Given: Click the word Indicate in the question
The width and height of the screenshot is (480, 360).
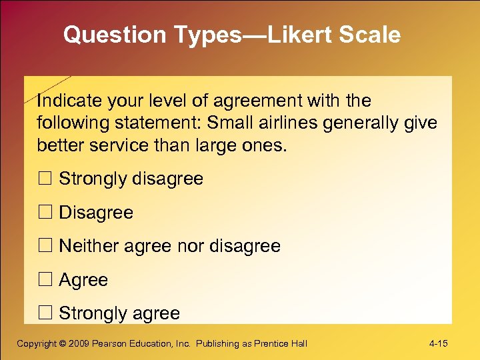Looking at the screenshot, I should coord(65,101).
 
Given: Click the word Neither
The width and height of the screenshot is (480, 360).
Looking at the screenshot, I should coord(87,246).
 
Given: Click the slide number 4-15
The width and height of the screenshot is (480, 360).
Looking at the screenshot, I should coord(438,344).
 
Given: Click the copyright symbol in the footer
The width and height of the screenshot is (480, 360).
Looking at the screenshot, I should coord(63,344).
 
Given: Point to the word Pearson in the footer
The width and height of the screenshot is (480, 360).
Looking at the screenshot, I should coord(113,344).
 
